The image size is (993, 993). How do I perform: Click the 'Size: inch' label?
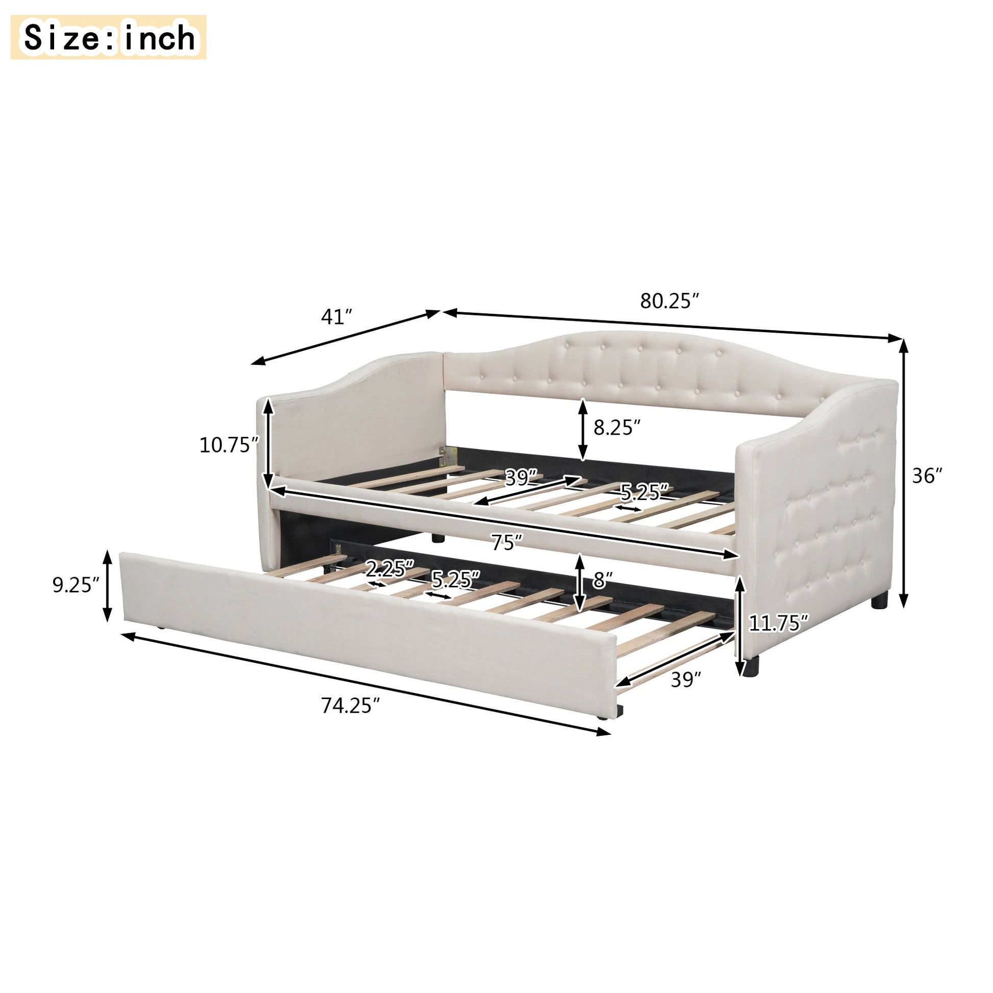[x=110, y=38]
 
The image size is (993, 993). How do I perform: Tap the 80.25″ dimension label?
[x=670, y=301]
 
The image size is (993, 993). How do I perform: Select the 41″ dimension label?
[x=337, y=316]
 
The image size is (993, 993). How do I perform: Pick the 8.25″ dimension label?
[x=617, y=428]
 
